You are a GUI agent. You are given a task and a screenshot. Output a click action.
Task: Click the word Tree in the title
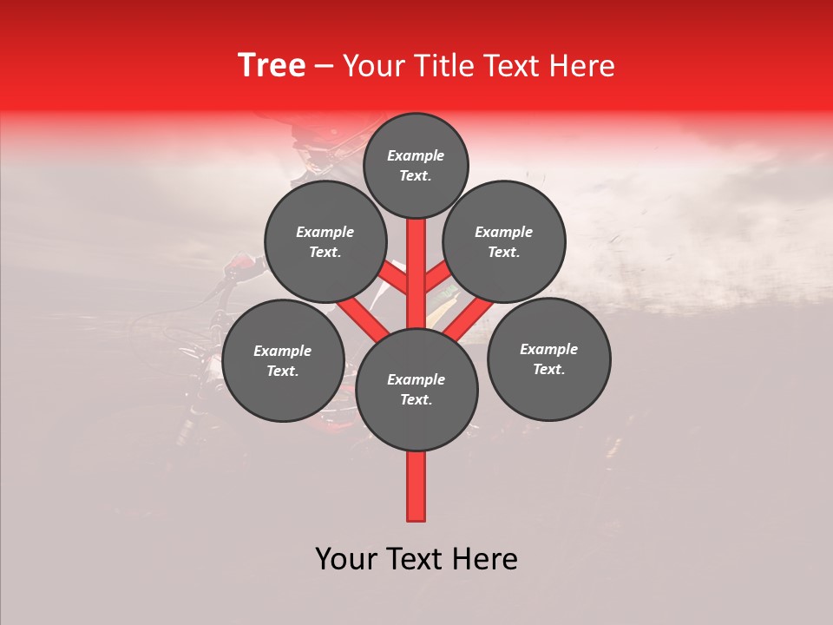(272, 66)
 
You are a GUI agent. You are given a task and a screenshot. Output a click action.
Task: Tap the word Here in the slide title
(582, 66)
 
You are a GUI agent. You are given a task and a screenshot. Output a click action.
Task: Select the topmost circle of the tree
(416, 166)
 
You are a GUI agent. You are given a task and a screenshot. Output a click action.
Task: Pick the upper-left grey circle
(325, 242)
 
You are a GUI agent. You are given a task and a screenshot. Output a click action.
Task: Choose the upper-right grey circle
(504, 242)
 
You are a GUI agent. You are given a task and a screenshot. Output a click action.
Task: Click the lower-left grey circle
(283, 361)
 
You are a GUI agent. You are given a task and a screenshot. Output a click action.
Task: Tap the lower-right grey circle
(548, 359)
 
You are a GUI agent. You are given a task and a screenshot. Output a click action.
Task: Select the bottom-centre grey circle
(416, 390)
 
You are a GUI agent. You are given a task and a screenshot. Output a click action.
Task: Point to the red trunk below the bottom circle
(416, 486)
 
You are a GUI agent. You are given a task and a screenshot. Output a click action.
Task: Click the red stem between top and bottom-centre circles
(416, 273)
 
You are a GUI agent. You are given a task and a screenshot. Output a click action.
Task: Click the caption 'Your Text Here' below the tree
(416, 559)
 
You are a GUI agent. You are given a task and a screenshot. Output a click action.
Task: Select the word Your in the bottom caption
(345, 559)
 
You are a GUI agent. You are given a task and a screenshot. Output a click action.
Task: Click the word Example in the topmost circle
(416, 156)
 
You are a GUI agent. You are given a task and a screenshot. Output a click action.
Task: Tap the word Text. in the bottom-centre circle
(416, 400)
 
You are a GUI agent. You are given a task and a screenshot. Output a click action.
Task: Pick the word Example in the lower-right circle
(548, 350)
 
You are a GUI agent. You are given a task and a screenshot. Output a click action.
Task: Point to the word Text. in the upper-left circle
(325, 253)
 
